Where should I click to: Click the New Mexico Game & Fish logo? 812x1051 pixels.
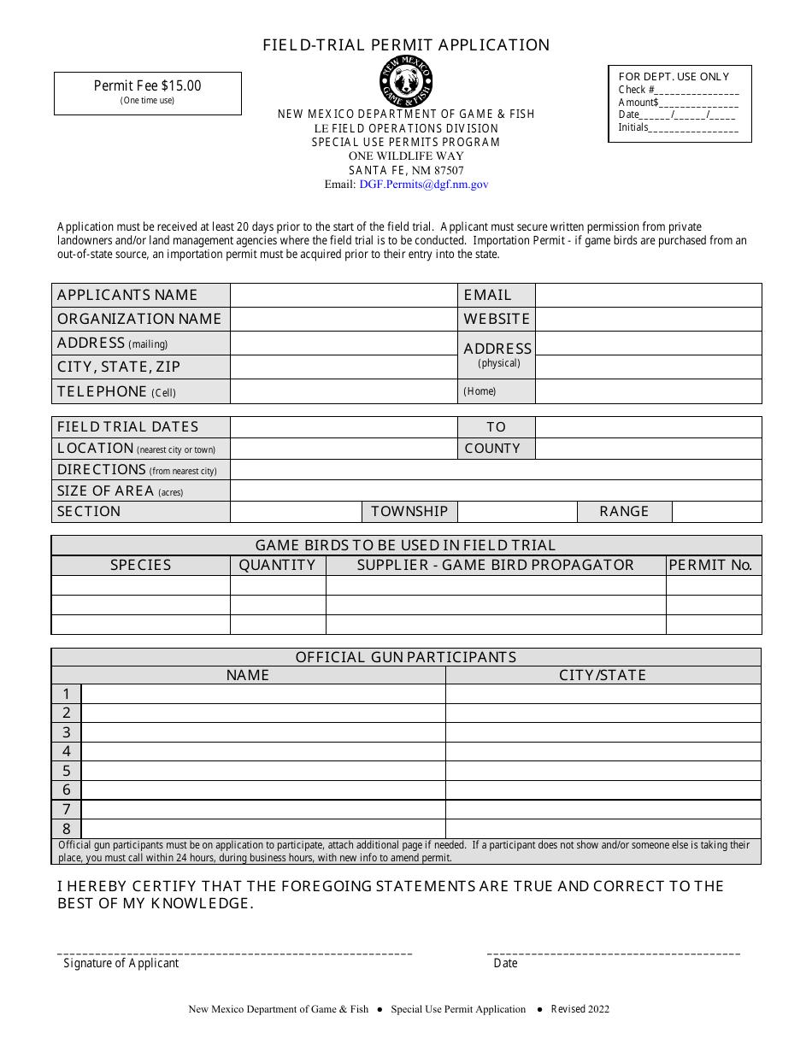point(406,81)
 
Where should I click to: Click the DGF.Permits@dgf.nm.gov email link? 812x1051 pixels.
point(424,184)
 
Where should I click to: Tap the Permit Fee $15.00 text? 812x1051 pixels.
point(148,85)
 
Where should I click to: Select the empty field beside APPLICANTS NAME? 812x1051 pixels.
point(344,295)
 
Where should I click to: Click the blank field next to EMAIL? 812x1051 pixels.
point(648,295)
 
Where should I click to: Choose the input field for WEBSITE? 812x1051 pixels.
point(648,319)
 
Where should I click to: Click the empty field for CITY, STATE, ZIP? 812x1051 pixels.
point(344,367)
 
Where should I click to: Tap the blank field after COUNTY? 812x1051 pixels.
point(648,448)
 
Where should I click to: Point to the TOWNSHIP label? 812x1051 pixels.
point(409,511)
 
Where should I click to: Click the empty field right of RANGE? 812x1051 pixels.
point(716,511)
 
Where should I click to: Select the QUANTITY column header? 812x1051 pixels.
point(277,565)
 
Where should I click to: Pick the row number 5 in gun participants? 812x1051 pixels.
point(67,771)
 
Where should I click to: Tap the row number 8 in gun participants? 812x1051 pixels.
point(67,829)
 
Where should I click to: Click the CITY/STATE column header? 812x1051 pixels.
point(603,675)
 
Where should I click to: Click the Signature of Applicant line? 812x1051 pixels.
point(235,951)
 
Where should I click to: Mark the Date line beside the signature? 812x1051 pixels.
point(614,951)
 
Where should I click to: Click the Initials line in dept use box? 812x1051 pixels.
point(693,129)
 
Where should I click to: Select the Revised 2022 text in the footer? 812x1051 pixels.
point(580,1009)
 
